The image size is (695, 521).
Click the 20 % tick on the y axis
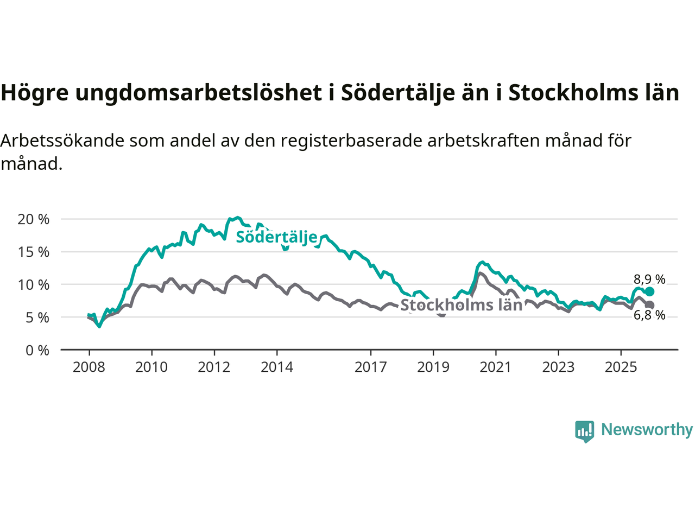(x=33, y=219)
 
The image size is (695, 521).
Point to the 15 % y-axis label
(x=33, y=252)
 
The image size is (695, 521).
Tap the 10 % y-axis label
(x=33, y=284)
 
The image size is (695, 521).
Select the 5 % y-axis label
(x=37, y=317)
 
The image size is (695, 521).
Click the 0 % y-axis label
(x=37, y=350)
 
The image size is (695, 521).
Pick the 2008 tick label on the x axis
(x=89, y=367)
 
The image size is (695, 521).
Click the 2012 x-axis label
(x=214, y=367)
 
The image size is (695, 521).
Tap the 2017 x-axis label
(x=371, y=367)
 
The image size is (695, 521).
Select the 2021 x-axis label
(x=496, y=367)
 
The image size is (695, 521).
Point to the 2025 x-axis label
(x=621, y=367)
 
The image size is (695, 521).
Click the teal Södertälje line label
(x=276, y=237)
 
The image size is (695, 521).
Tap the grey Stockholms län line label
(x=462, y=305)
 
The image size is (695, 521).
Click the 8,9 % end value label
(x=649, y=279)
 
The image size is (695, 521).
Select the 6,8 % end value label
(x=649, y=315)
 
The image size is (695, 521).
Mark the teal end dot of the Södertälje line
(x=650, y=291)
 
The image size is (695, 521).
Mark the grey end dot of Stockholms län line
(x=650, y=305)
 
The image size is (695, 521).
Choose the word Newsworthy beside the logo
(x=647, y=430)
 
